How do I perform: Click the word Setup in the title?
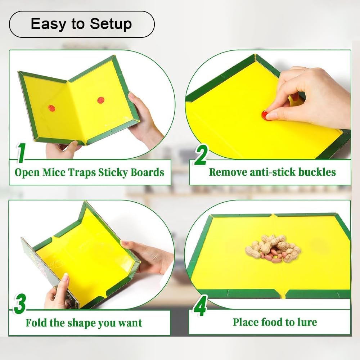pos(111,24)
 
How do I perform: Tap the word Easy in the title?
pos(49,24)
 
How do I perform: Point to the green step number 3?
pos(19,304)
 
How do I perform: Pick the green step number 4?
pos(200,305)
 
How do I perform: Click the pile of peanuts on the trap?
pos(273,249)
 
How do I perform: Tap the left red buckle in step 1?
pos(51,108)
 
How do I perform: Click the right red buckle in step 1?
pos(100,100)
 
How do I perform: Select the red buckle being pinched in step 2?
pos(265,115)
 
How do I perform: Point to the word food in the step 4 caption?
pos(272,322)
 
